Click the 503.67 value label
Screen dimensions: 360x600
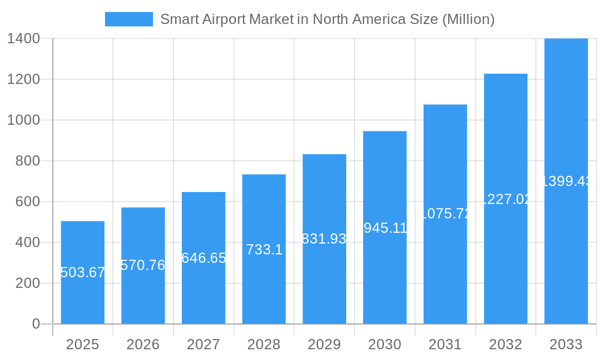tap(83, 272)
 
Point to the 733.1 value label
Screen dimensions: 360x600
tap(264, 250)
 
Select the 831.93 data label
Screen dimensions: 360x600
tap(324, 239)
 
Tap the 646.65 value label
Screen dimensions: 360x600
tap(203, 258)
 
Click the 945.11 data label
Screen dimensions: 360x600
tap(385, 228)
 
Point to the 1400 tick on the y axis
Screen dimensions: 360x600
tap(23, 38)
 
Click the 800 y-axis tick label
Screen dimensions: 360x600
tap(28, 161)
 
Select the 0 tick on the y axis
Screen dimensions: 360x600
tap(35, 324)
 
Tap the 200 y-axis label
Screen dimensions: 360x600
tap(28, 283)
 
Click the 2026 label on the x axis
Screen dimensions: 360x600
tap(143, 344)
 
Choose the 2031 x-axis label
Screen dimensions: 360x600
tap(445, 344)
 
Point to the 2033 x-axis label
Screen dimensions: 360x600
tap(566, 344)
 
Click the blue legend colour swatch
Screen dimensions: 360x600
tap(128, 19)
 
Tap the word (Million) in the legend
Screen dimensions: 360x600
tap(468, 19)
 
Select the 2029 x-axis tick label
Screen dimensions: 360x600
tap(324, 344)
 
